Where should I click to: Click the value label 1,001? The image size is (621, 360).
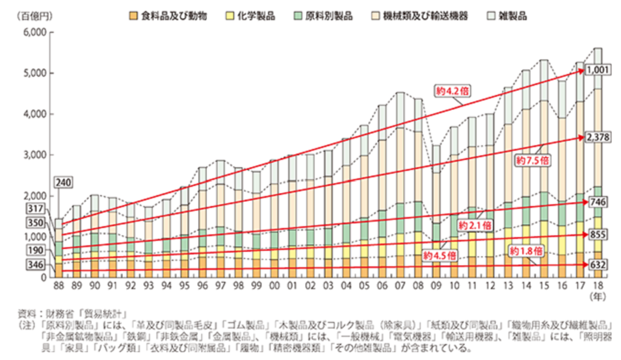[600, 71]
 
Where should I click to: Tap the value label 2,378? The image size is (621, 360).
[600, 138]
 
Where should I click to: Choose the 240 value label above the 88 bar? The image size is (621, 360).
[64, 182]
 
